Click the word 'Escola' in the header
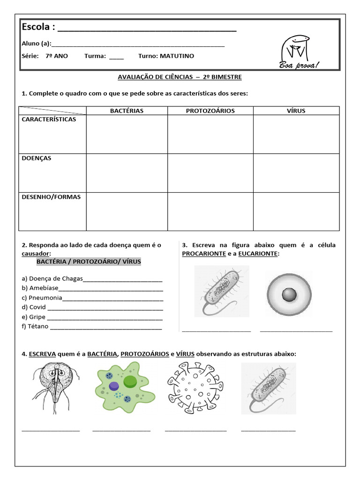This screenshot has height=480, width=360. click(37, 27)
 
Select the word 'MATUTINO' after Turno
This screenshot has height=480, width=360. click(177, 56)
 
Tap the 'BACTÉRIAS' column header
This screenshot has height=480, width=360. click(127, 111)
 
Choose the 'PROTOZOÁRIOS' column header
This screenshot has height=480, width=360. click(210, 111)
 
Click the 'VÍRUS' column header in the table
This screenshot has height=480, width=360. click(296, 111)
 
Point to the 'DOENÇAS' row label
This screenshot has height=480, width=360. click(37, 158)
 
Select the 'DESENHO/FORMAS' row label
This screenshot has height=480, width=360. click(51, 197)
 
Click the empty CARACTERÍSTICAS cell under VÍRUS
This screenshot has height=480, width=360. click(296, 134)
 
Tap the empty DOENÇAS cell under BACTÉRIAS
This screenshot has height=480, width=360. click(127, 172)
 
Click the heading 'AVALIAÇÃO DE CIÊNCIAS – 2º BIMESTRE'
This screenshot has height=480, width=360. click(179, 76)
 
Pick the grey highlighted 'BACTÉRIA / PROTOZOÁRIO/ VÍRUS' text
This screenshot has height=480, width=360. click(89, 261)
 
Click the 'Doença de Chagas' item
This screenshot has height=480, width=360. click(56, 278)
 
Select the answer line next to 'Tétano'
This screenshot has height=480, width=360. click(106, 327)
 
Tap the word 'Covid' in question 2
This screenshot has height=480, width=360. click(37, 307)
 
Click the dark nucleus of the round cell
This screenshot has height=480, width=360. click(289, 294)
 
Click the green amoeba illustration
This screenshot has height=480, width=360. click(124, 388)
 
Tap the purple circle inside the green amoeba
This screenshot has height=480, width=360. click(114, 386)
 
